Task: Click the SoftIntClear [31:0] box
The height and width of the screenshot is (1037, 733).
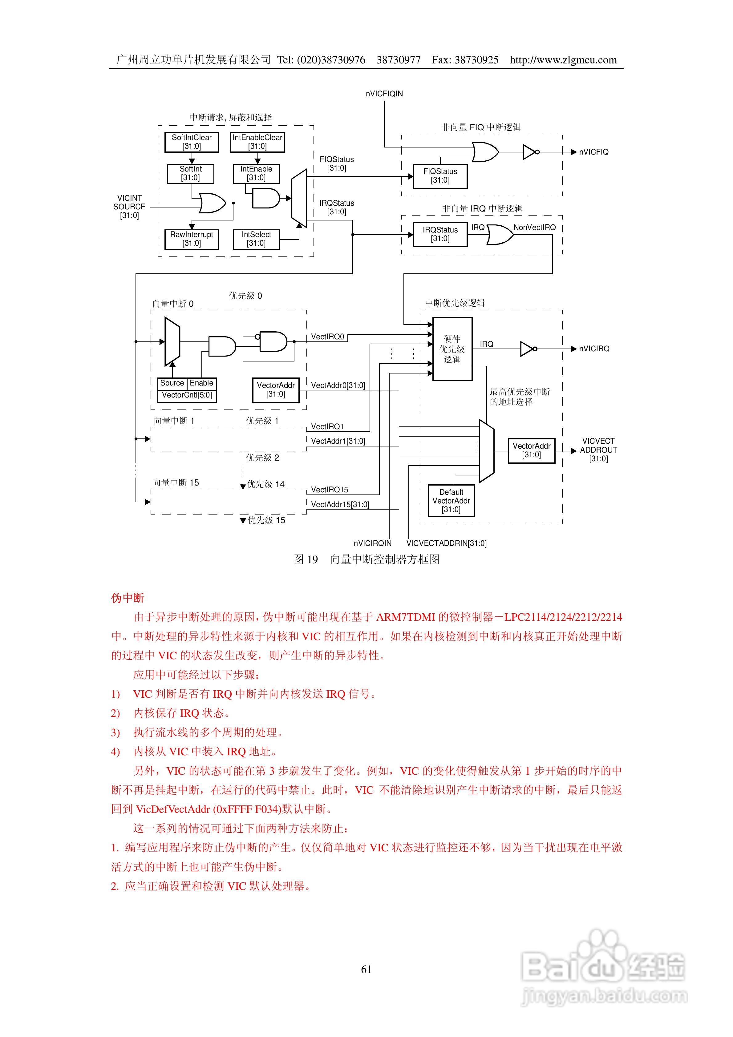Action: click(192, 142)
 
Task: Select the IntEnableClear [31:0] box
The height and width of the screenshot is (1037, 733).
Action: click(257, 142)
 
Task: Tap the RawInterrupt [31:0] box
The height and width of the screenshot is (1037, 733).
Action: click(192, 239)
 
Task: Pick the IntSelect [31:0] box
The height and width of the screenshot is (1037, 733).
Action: click(256, 239)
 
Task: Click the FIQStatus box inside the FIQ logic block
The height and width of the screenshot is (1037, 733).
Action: click(440, 176)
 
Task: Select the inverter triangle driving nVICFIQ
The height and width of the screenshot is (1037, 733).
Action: click(529, 152)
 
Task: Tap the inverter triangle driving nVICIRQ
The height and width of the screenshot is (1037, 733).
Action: click(527, 349)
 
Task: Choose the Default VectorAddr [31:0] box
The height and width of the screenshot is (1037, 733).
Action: click(451, 500)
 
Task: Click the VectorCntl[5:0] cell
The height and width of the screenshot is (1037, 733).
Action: click(187, 395)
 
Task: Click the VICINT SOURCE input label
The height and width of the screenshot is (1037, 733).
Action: click(129, 207)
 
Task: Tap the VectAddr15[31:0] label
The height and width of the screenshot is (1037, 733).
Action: click(340, 505)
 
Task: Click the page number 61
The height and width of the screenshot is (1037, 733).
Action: click(366, 969)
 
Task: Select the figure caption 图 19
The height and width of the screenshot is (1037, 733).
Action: click(306, 559)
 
